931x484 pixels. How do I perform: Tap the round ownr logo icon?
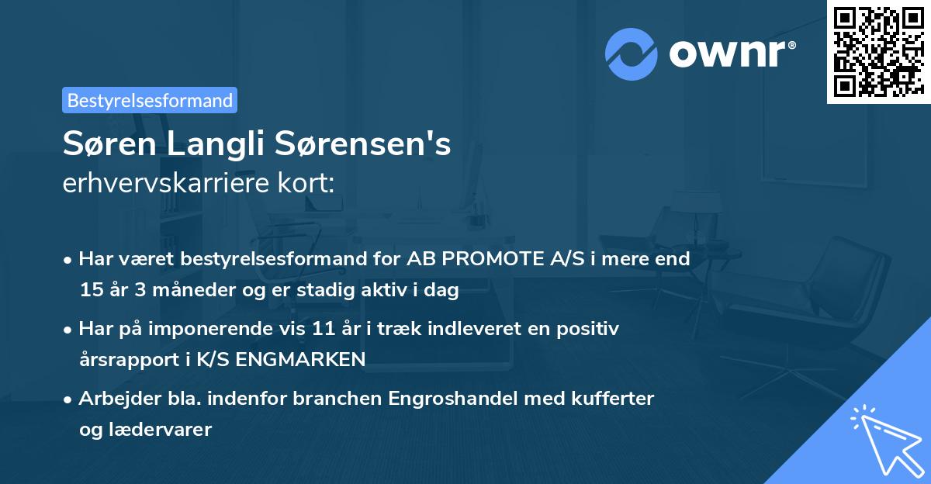click(x=632, y=54)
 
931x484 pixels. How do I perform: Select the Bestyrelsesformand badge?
click(x=150, y=100)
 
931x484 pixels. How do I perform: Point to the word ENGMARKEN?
click(x=316, y=360)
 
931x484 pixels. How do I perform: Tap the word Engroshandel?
click(x=449, y=399)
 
